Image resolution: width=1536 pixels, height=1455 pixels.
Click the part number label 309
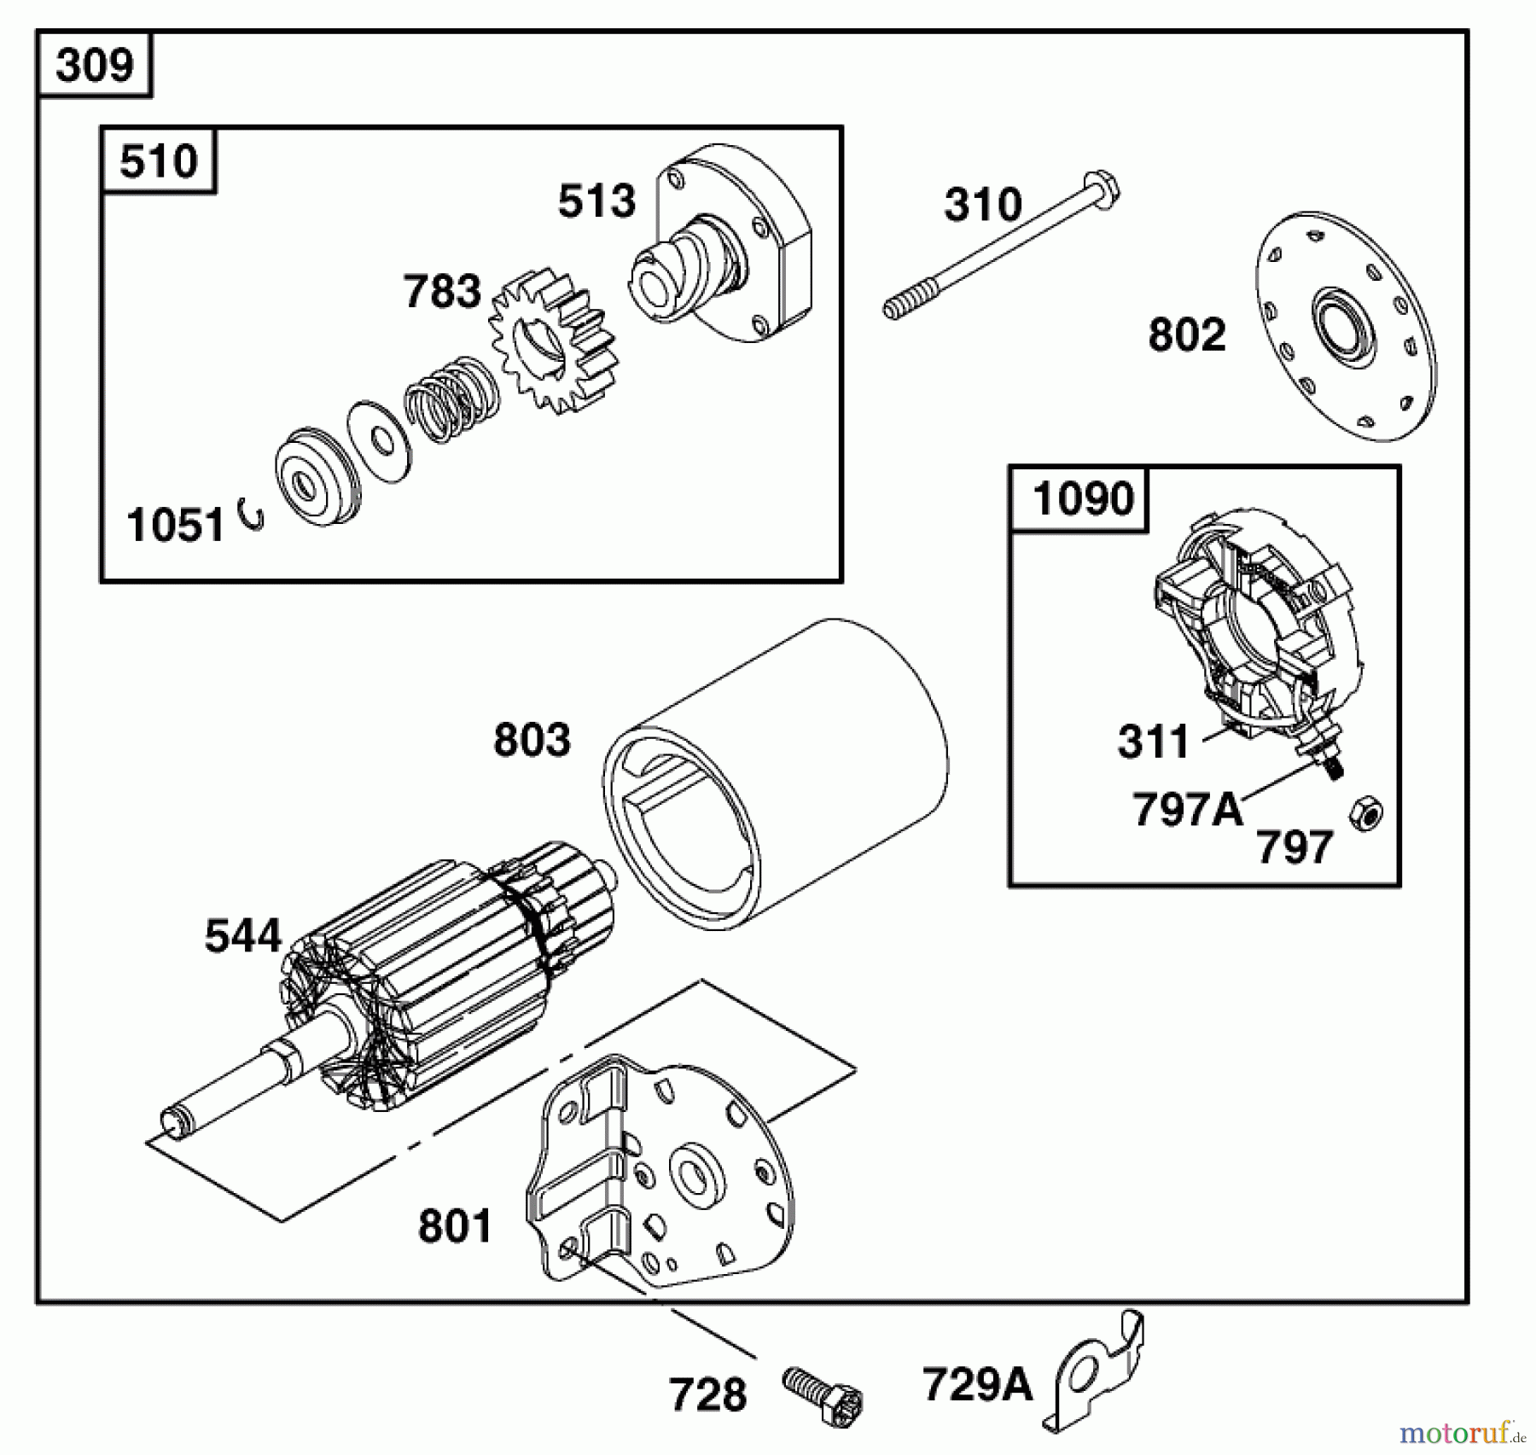(x=94, y=65)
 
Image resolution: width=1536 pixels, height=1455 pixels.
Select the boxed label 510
(x=158, y=161)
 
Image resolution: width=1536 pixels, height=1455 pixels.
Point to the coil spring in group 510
(x=451, y=399)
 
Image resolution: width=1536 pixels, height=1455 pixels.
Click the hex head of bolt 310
(x=1102, y=190)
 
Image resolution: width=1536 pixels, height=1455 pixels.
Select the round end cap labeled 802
(x=1345, y=327)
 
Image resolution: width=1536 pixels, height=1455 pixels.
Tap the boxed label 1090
(x=1082, y=498)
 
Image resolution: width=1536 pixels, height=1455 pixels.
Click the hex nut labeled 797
(x=1365, y=814)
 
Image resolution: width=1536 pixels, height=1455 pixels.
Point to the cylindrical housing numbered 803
(x=777, y=777)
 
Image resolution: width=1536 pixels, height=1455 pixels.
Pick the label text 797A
(x=1186, y=809)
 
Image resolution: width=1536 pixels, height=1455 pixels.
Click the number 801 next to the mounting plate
(x=455, y=1226)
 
